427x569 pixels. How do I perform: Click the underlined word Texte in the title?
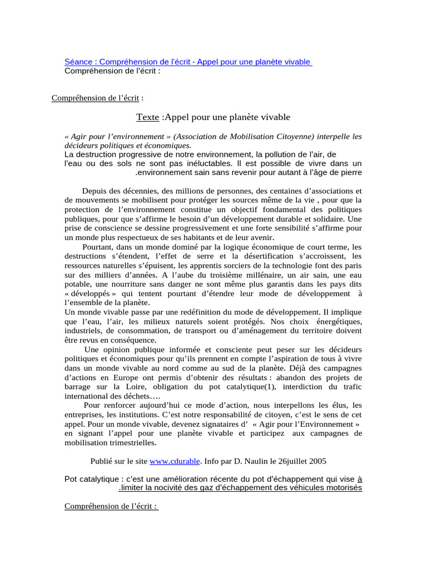148,117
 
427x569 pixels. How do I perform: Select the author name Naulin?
262,461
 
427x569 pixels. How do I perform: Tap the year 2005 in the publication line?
317,461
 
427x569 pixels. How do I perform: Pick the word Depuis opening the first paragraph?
97,191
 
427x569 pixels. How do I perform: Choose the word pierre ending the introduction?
351,172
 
